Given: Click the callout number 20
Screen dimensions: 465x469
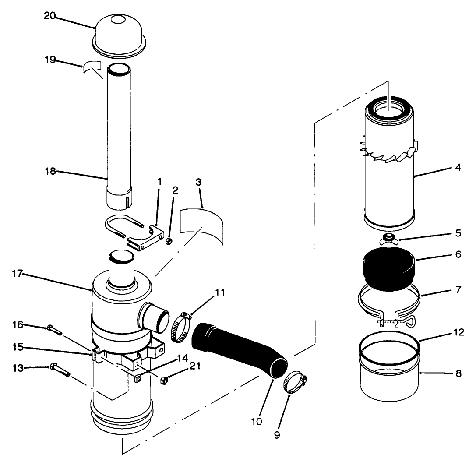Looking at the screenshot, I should coord(50,15).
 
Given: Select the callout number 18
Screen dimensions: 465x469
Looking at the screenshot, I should coord(50,171).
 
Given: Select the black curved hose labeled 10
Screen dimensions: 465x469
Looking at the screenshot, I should coord(239,350).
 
